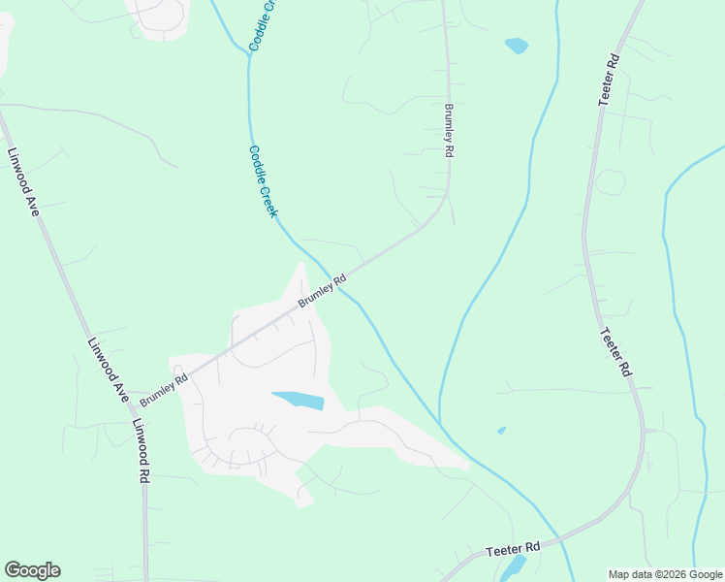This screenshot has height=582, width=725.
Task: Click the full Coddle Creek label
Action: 264,181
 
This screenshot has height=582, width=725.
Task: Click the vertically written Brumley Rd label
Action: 449,131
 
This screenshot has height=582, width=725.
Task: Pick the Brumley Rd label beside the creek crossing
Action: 322,291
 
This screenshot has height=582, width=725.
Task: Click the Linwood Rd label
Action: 142,452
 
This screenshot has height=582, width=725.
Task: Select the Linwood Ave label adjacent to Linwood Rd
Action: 108,370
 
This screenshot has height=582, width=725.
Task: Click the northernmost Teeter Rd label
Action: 610,79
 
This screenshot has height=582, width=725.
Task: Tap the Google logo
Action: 32,570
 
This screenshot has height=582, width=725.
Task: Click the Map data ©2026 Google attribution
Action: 666,574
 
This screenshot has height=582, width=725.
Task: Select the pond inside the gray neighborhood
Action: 298,400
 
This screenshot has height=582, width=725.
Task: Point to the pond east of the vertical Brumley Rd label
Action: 516,46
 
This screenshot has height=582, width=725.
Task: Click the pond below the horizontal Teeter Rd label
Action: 514,566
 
